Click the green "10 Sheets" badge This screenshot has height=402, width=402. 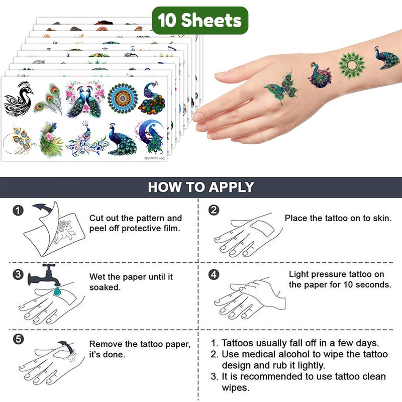pyautogui.click(x=200, y=20)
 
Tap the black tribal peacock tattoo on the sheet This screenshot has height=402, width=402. pyautogui.click(x=18, y=98)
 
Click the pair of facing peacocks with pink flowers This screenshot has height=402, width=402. pyautogui.click(x=85, y=99)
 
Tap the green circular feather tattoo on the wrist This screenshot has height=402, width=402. pyautogui.click(x=351, y=65)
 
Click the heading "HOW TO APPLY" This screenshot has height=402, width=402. pyautogui.click(x=201, y=187)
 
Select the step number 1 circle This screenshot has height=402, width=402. pyautogui.click(x=18, y=211)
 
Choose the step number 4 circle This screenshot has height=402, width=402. pyautogui.click(x=214, y=274)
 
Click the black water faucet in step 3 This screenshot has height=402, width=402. pyautogui.click(x=44, y=275)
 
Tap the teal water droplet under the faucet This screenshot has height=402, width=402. pyautogui.click(x=57, y=291)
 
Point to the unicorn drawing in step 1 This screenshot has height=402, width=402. pyautogui.click(x=64, y=232)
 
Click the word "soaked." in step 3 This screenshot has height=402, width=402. pyautogui.click(x=105, y=287)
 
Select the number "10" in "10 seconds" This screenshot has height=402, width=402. pyautogui.click(x=349, y=284)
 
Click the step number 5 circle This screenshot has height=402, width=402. pyautogui.click(x=18, y=339)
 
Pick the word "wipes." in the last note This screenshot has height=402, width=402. pyautogui.click(x=236, y=387)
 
